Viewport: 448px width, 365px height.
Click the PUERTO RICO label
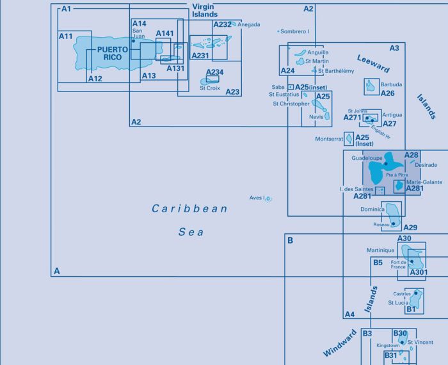113,53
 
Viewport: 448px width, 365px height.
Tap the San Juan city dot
133,41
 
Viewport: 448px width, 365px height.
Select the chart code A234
214,72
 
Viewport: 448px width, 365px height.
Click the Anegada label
249,24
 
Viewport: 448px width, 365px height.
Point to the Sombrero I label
294,31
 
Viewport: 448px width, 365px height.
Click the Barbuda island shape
371,86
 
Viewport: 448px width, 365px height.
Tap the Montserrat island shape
349,139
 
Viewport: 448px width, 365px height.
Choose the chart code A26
387,93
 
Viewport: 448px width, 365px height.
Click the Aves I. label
258,198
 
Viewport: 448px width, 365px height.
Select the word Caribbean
189,208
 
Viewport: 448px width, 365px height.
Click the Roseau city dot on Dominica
393,224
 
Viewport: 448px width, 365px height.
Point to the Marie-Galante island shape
399,186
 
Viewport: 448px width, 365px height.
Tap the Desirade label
426,165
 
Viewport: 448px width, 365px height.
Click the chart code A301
419,272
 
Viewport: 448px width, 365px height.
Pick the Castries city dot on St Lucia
416,293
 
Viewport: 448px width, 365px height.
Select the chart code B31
391,355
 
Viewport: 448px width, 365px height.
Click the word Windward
340,343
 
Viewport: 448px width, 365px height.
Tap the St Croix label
210,88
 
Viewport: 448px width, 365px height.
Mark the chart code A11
65,36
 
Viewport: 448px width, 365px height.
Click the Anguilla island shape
300,53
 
